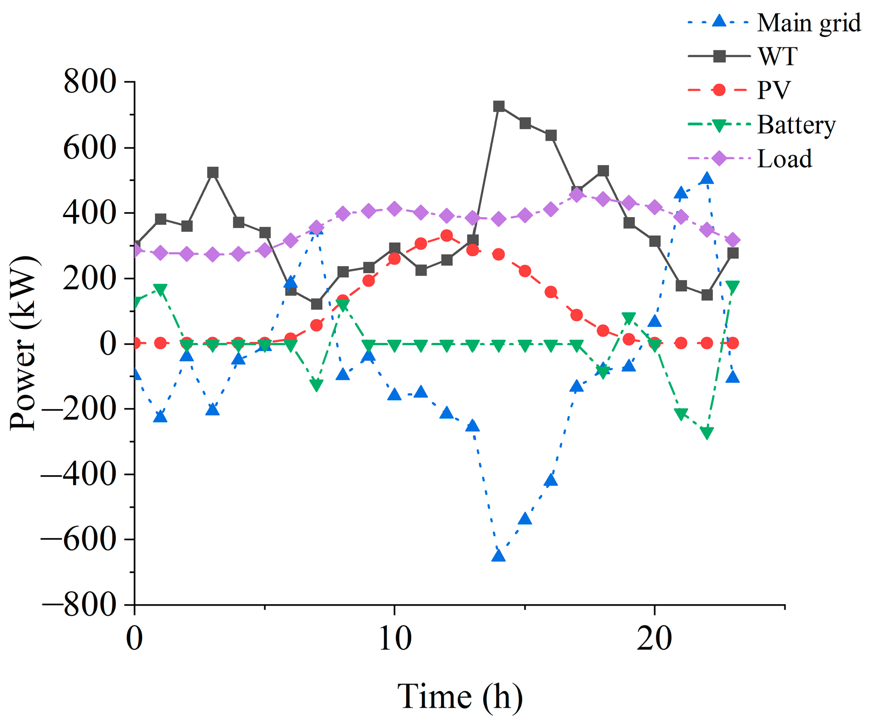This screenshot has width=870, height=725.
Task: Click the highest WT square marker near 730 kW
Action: (499, 106)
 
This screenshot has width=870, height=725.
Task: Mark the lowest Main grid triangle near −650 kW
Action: (499, 555)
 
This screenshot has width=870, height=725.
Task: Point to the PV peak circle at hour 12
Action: (447, 235)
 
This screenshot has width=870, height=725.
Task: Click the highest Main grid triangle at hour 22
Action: (707, 178)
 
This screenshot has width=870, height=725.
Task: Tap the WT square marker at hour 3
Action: (213, 173)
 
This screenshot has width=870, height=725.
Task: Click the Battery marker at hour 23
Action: (733, 286)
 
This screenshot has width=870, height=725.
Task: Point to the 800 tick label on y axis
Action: (90, 82)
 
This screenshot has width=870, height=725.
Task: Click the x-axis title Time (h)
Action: (460, 697)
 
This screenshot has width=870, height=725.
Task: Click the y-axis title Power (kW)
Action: (25, 344)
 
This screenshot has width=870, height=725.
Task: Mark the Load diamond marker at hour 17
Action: (577, 195)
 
